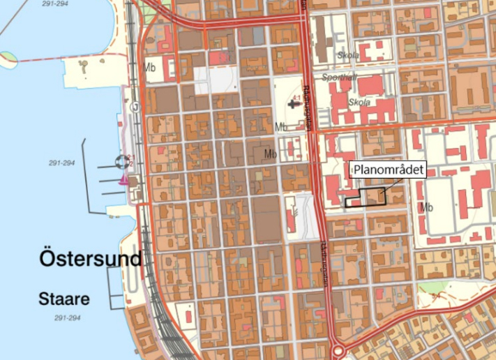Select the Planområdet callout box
pos(388,170)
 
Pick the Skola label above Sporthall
pos(347,55)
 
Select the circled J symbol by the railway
pos(135,107)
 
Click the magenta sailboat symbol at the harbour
pos(124,180)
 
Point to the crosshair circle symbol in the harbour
pos(123,163)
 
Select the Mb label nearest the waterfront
pos(148,68)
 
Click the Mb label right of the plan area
pos(428,207)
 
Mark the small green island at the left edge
pos(8,57)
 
